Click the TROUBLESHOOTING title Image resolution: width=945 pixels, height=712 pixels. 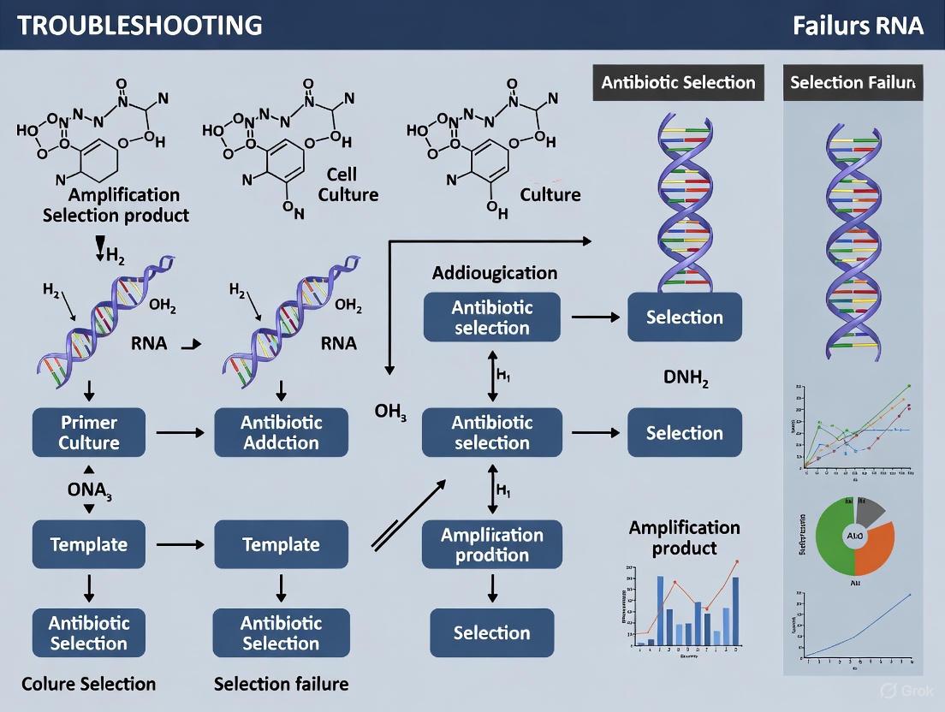(140, 25)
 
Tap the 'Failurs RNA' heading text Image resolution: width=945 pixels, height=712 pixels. (858, 25)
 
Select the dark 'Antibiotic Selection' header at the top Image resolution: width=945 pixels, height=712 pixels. (678, 83)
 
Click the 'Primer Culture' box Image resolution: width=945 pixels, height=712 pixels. (89, 432)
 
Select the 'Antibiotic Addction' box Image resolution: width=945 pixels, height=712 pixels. (281, 432)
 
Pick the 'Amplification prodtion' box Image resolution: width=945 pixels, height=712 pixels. (492, 545)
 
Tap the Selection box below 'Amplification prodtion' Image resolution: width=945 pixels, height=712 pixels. (492, 633)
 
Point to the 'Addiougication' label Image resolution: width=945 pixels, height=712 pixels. (495, 273)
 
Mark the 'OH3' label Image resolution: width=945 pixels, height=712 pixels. (390, 412)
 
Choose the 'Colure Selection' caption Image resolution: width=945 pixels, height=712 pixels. (89, 684)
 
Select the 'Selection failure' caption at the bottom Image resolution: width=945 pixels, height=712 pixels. (281, 684)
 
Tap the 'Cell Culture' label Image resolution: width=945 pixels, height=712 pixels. (348, 184)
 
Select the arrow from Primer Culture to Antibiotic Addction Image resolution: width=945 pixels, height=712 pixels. (180, 432)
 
